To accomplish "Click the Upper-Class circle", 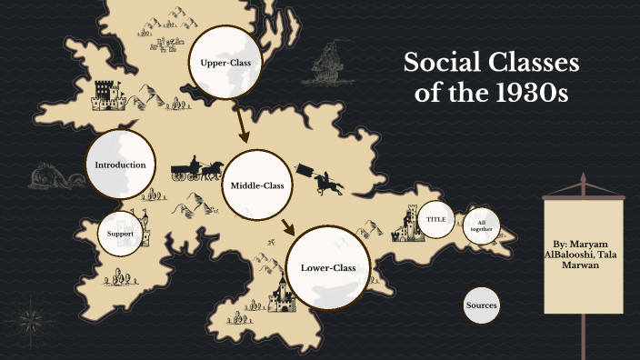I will point(225,62).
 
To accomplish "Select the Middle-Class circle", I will point(257,185).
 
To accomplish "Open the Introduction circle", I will point(120,165).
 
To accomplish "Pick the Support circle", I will point(120,234).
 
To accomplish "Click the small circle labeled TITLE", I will point(435,220).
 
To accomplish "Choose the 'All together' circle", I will point(482,225).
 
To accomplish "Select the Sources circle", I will point(481,305).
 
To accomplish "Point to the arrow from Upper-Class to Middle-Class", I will point(241,124).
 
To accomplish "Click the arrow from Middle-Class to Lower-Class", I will point(288,227).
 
